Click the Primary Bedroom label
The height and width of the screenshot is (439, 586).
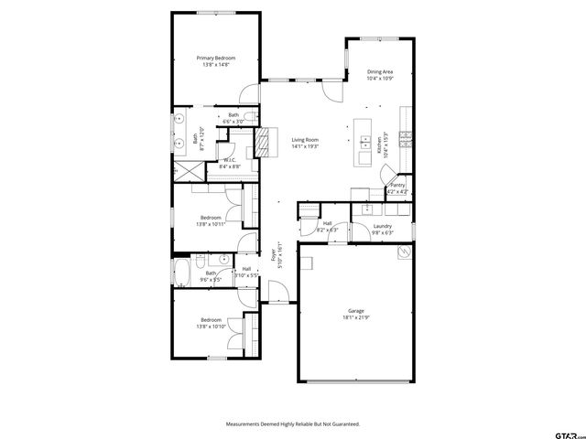tap(216, 58)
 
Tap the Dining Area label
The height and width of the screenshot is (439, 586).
tap(380, 71)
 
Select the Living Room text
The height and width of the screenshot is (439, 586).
tap(305, 139)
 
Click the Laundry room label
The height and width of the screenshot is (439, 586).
tap(383, 226)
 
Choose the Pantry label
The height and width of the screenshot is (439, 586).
tap(397, 185)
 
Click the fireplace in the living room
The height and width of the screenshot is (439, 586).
tap(265, 143)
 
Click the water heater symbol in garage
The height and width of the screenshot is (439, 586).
tap(400, 255)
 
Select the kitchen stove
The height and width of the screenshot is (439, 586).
tap(405, 141)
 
